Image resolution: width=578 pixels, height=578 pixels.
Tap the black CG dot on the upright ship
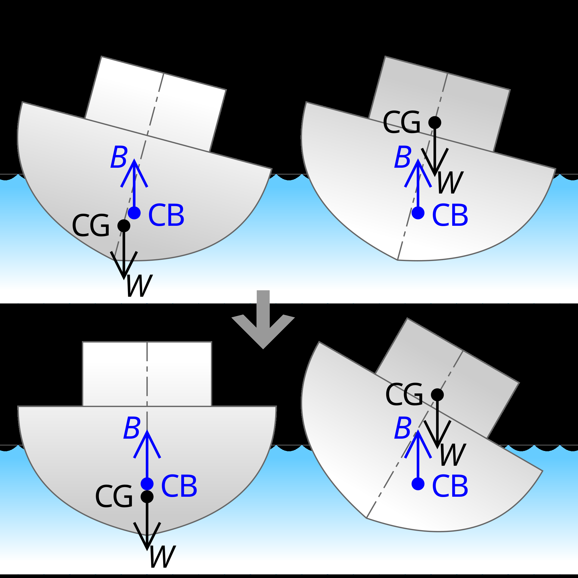[x=147, y=496]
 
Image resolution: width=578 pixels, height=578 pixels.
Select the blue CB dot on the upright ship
[x=147, y=484]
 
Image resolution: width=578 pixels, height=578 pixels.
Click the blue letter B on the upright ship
[x=132, y=428]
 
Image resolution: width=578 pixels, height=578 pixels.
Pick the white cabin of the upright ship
[x=147, y=374]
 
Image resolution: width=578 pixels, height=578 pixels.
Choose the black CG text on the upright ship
[x=114, y=497]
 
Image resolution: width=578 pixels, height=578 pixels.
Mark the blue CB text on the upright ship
[x=179, y=486]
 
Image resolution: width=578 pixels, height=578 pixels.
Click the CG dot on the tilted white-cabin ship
[x=124, y=225]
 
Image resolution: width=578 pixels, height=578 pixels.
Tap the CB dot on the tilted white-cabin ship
[x=134, y=213]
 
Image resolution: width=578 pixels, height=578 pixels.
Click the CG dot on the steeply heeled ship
[x=437, y=395]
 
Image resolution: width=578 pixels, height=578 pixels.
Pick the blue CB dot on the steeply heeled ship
[x=418, y=484]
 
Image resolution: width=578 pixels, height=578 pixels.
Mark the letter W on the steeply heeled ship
[x=453, y=455]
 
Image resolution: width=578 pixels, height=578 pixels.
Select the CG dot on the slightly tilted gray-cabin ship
[x=435, y=123]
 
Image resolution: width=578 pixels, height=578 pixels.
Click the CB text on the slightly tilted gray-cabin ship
[x=450, y=215]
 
